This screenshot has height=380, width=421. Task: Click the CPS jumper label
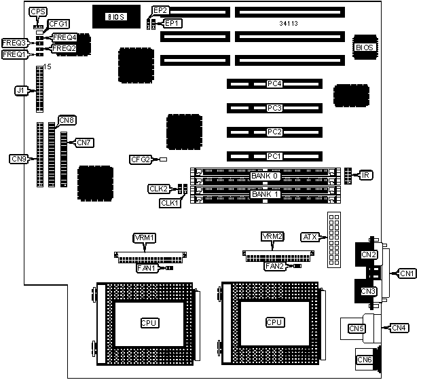[39, 12]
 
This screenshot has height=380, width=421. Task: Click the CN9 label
[19, 159]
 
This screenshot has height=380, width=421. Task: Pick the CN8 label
[67, 120]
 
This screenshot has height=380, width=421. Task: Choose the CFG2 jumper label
[140, 159]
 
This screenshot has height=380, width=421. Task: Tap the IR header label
[365, 176]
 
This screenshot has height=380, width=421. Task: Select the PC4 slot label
[274, 84]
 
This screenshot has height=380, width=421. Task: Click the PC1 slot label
[274, 155]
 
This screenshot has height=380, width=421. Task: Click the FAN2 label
[274, 266]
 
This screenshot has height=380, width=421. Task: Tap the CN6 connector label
[365, 359]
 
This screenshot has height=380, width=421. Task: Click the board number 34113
[289, 24]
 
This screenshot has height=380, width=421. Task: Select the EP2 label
[160, 10]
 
